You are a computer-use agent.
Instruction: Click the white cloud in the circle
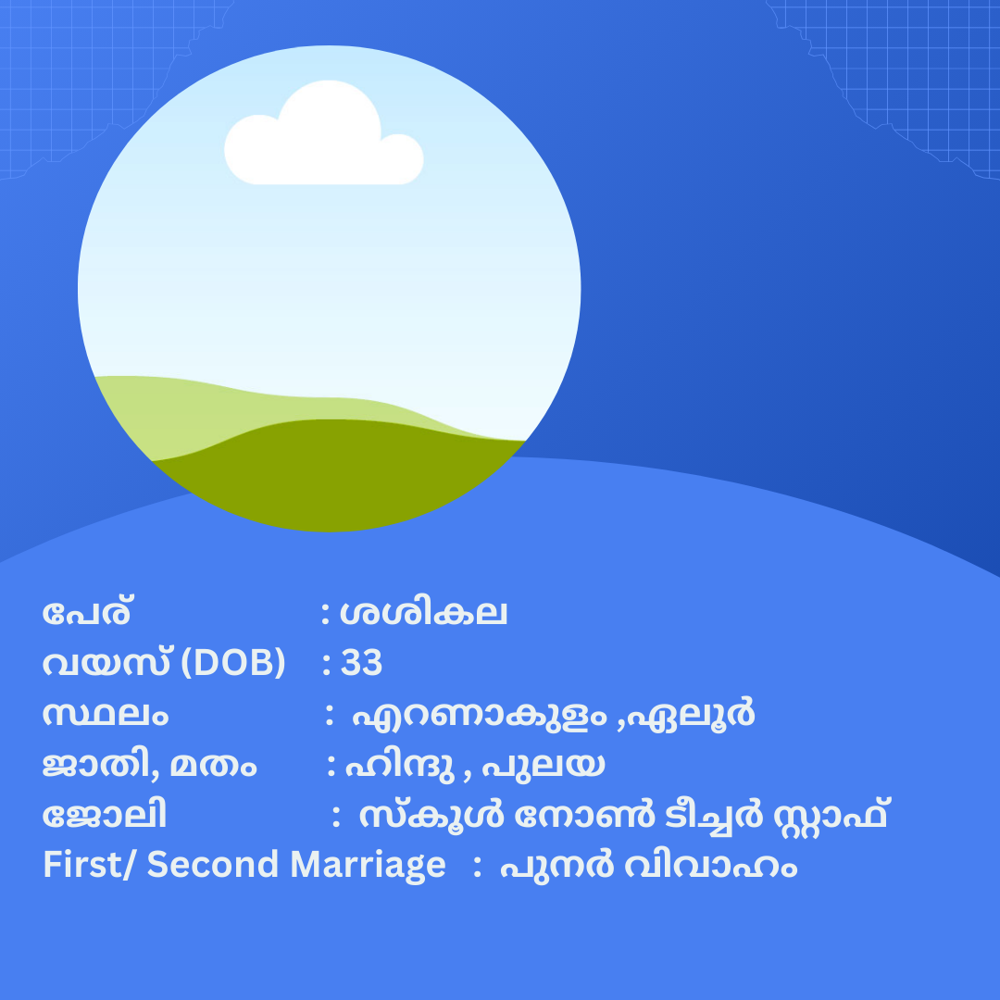(323, 137)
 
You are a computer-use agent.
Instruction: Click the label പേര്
(87, 613)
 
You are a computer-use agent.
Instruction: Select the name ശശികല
(423, 613)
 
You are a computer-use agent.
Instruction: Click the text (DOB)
(233, 663)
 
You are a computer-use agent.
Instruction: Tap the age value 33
(362, 663)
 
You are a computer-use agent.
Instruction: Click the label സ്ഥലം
(106, 714)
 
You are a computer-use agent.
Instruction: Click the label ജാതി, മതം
(149, 764)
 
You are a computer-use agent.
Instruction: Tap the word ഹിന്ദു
(400, 764)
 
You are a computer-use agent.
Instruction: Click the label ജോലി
(105, 815)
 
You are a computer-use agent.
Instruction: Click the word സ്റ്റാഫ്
(831, 815)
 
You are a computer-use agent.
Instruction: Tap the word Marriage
(368, 866)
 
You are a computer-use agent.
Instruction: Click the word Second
(212, 865)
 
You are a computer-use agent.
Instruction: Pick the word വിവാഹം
(710, 866)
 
